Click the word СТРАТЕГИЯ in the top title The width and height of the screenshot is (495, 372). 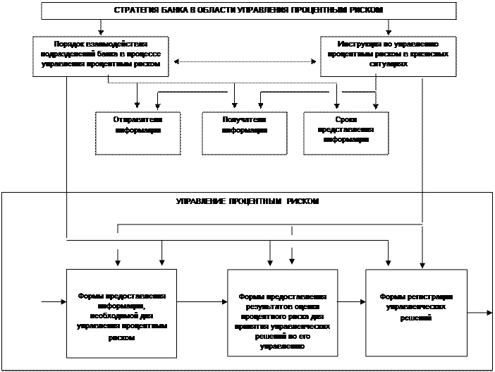click(x=136, y=11)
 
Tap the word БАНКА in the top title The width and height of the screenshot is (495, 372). click(x=172, y=11)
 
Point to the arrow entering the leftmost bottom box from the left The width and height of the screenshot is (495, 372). click(x=54, y=304)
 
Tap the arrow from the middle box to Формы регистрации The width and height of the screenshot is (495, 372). click(x=351, y=305)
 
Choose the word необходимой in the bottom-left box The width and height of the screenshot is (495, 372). click(x=128, y=306)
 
